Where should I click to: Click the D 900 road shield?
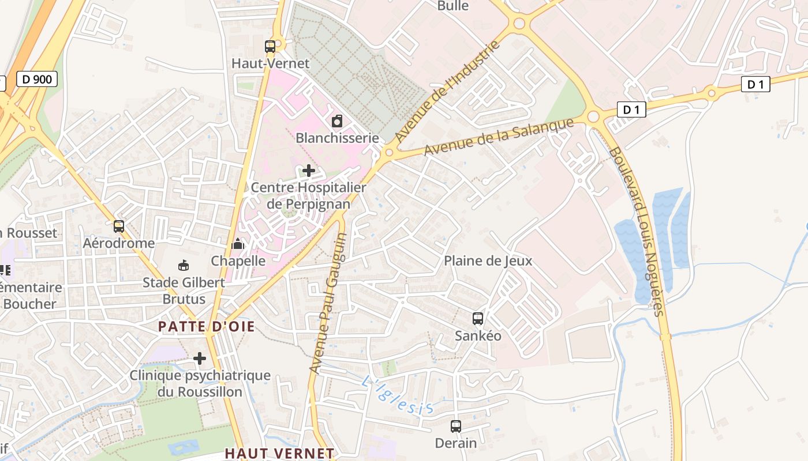tap(37, 79)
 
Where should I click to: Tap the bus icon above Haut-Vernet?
tap(270, 47)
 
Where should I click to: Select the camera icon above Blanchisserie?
tap(337, 121)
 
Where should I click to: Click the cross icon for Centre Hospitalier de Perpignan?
tap(309, 171)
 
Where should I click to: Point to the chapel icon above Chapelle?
tap(238, 244)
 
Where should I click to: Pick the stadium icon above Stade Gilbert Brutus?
tap(184, 265)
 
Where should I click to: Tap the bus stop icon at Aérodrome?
tap(119, 226)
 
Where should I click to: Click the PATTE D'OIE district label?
tap(206, 327)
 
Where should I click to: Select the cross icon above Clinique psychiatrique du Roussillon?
tap(200, 358)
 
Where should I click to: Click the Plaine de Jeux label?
tap(488, 260)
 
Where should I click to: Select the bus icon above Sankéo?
tap(478, 318)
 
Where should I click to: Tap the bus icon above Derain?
tap(456, 426)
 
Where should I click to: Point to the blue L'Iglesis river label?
tap(398, 395)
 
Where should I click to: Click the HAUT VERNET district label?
tap(279, 454)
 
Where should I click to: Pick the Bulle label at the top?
tap(453, 6)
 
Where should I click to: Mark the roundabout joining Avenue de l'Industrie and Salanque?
tap(389, 153)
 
